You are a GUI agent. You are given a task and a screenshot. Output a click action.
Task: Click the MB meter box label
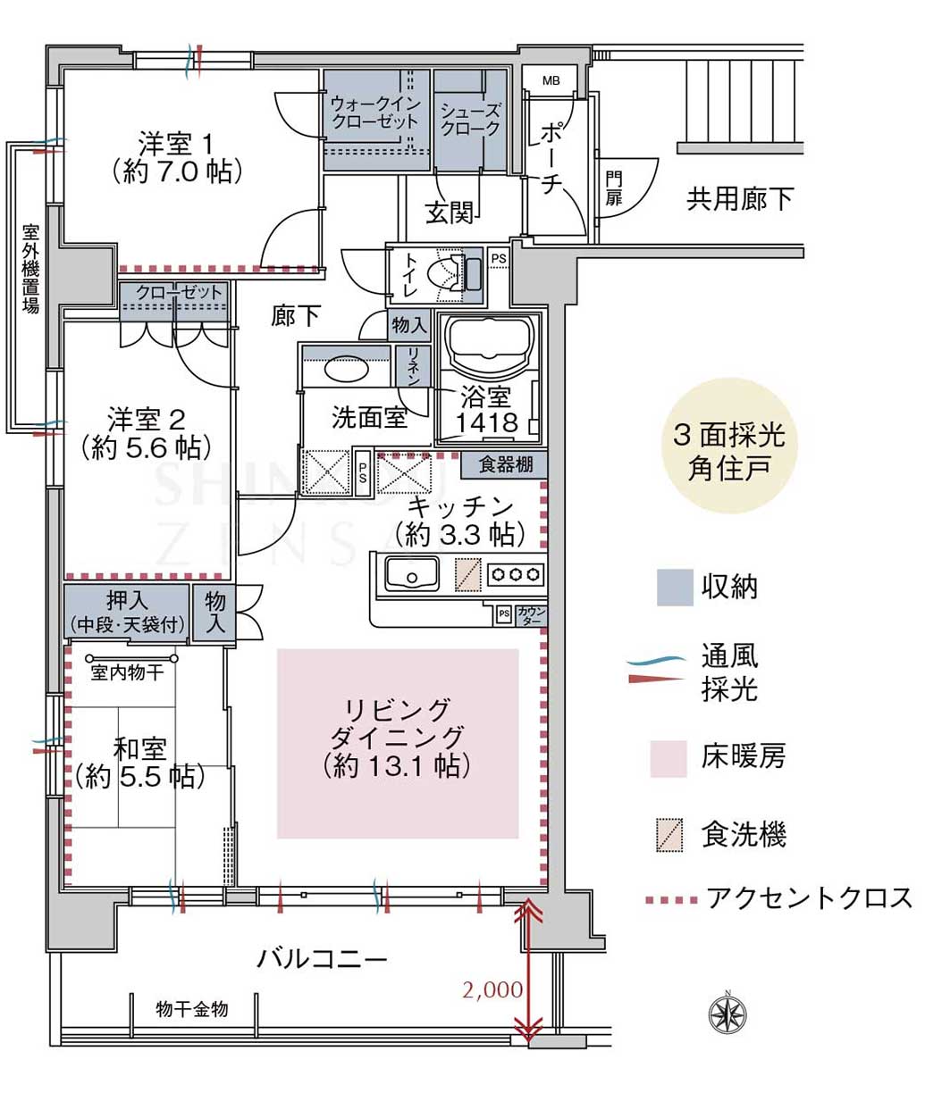pos(551,81)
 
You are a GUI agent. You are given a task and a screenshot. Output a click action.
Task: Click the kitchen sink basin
pos(412,573)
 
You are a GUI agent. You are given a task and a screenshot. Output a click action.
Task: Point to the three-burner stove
pos(516,574)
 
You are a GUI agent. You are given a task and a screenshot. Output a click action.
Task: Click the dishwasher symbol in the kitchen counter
pos(468,574)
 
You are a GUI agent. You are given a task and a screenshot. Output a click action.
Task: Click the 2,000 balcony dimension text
pos(492,989)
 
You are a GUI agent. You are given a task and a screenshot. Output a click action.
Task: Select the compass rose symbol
pos(727,1014)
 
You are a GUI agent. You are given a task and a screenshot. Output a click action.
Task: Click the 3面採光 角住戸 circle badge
pos(729,446)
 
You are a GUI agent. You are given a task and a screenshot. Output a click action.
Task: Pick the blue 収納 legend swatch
pos(675,587)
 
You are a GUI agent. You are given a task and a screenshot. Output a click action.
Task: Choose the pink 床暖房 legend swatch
pos(669,758)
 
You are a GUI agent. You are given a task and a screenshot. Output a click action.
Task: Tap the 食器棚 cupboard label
pos(505,464)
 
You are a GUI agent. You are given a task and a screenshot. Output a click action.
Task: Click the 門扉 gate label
pos(614,188)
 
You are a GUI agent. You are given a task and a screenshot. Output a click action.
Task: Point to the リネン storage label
pos(413,365)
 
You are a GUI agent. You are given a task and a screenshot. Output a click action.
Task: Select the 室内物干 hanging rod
pos(131,658)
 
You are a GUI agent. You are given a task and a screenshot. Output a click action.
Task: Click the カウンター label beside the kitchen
pos(532,615)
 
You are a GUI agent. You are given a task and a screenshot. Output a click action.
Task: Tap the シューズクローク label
pos(470,120)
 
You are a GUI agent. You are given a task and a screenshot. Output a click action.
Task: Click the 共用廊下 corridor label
pos(739,199)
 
